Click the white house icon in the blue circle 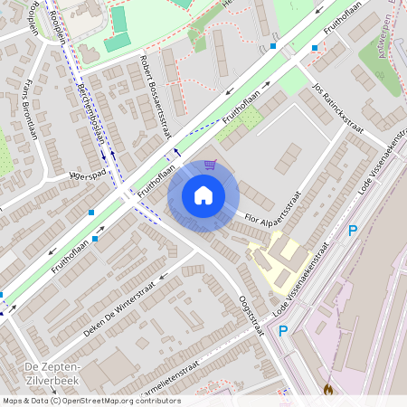coord(203,195)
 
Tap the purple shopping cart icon coord(210,165)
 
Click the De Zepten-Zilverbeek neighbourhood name coord(52,372)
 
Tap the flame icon coord(327,390)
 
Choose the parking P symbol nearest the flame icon coord(282,332)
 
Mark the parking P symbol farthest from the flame coord(353,231)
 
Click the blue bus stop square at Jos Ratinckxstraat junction coord(315,48)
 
